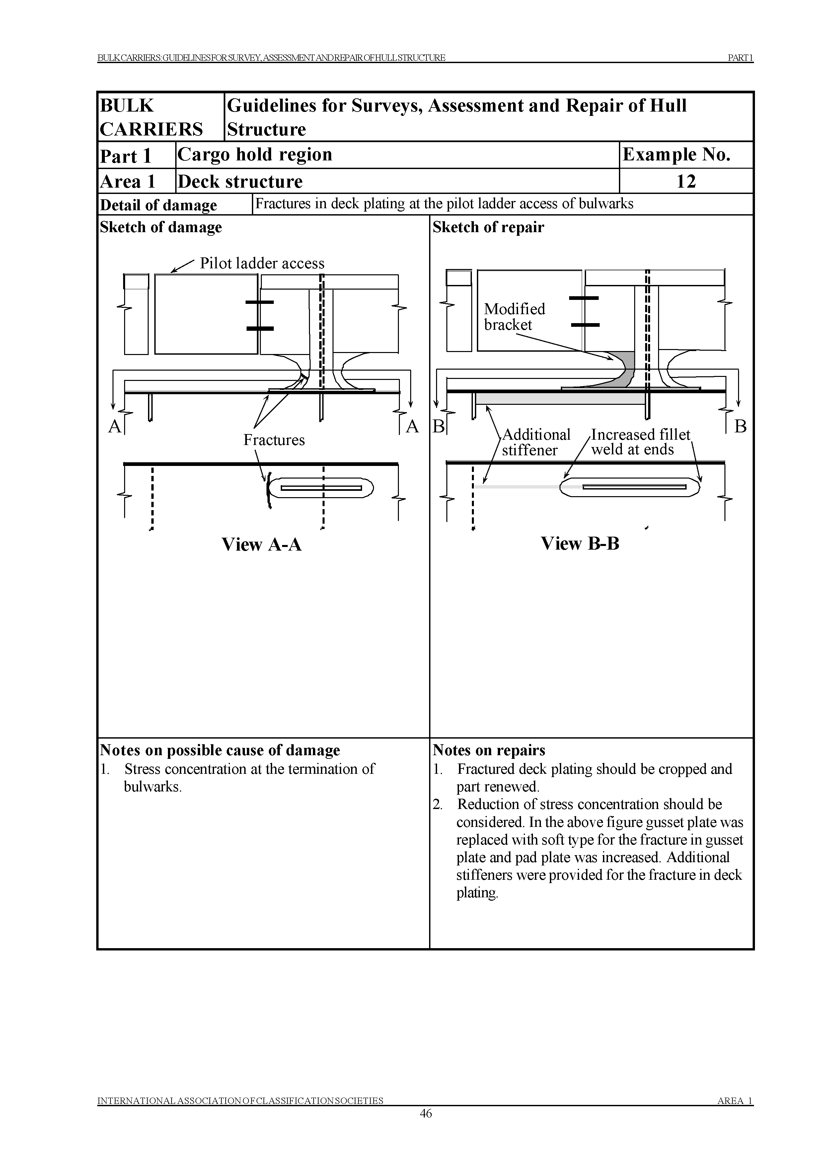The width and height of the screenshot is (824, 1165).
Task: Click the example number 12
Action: click(686, 181)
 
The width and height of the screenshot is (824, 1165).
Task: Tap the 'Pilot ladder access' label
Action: click(262, 263)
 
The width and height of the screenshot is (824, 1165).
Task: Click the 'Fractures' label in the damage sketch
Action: click(274, 440)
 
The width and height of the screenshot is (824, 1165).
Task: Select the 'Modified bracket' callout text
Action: click(514, 317)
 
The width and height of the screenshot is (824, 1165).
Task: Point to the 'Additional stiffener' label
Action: click(536, 442)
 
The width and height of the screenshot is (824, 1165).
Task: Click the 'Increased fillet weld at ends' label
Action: click(640, 442)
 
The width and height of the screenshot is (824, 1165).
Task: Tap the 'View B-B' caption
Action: click(580, 544)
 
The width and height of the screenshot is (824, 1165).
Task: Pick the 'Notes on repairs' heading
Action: click(488, 750)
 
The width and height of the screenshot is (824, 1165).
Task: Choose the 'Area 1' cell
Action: click(127, 181)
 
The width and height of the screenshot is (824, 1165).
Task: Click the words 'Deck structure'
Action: click(240, 181)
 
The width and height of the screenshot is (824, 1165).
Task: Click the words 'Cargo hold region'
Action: click(255, 154)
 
